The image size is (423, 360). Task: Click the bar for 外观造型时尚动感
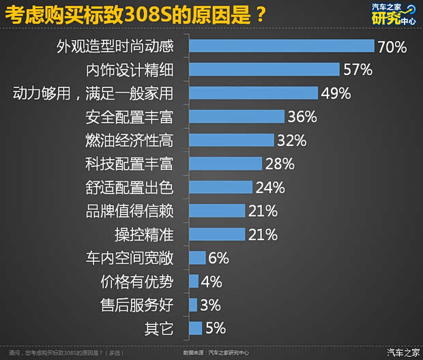(x=281, y=46)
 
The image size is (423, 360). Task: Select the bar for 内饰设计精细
(x=264, y=70)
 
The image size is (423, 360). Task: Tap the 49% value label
(x=336, y=93)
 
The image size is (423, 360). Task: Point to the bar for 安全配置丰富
(x=236, y=117)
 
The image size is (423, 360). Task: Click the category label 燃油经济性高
(x=128, y=140)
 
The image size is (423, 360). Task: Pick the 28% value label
(x=279, y=164)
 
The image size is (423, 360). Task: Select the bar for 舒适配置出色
(x=220, y=187)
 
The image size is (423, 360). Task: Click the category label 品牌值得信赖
(x=128, y=211)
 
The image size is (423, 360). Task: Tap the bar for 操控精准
(x=216, y=235)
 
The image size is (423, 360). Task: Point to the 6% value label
(x=218, y=258)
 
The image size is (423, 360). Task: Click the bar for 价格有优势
(x=193, y=282)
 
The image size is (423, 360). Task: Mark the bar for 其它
(x=195, y=329)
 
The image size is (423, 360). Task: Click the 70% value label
(x=392, y=46)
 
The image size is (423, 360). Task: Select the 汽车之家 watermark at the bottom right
(x=403, y=352)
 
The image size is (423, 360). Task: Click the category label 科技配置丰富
(x=128, y=164)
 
